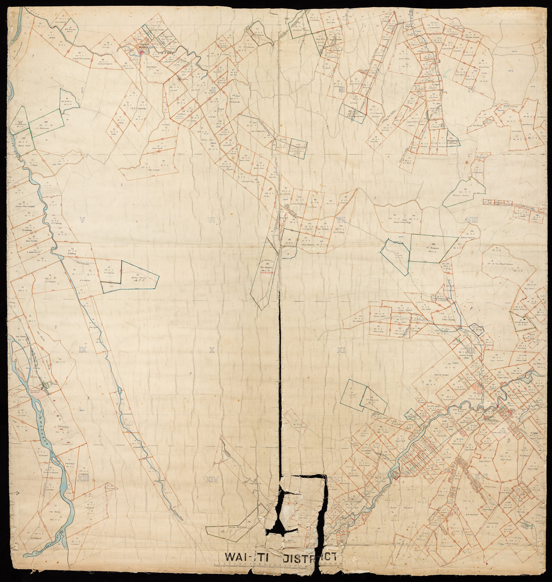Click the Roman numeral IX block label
pos(82,350)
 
